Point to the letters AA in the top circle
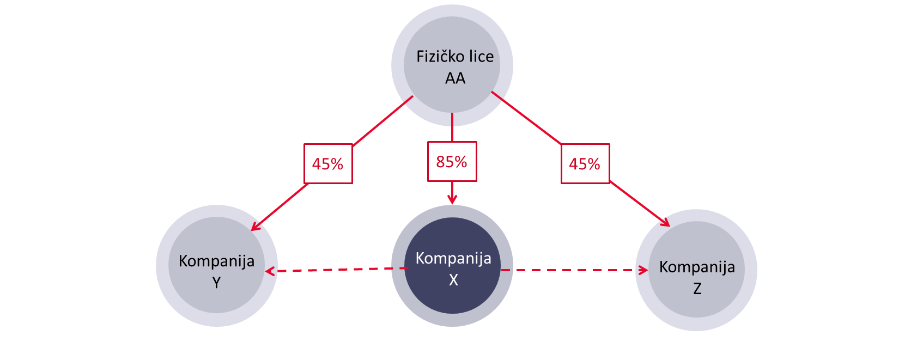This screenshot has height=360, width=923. [x=455, y=78]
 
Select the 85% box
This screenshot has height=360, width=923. [x=452, y=162]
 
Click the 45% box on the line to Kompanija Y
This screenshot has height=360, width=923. [x=327, y=164]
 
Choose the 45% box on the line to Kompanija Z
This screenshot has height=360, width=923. [x=585, y=164]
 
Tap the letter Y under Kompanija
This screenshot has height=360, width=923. [x=216, y=283]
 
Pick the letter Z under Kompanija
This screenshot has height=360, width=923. [x=697, y=289]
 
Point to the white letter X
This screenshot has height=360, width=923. [x=453, y=280]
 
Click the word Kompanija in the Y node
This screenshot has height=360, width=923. [x=216, y=261]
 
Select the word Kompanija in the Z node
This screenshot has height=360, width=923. [x=697, y=267]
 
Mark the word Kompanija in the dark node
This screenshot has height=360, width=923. [x=453, y=258]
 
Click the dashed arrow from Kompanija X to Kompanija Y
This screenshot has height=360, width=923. [x=338, y=270]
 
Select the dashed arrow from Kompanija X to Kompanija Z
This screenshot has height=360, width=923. [x=572, y=270]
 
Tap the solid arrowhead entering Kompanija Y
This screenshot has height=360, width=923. [x=254, y=227]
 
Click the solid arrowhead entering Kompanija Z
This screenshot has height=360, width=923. [x=665, y=223]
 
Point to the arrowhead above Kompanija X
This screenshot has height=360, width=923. [x=452, y=200]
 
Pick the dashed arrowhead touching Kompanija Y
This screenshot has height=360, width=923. [x=269, y=271]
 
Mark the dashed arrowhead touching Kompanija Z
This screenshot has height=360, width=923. [x=643, y=270]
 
